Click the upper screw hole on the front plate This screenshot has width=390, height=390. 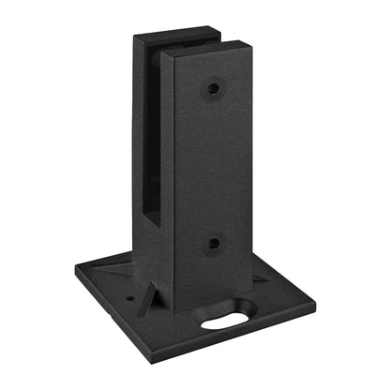[214, 89]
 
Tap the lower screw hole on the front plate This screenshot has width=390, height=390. [214, 243]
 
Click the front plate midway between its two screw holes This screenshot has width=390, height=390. [214, 166]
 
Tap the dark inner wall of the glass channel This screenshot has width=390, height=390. [150, 141]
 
